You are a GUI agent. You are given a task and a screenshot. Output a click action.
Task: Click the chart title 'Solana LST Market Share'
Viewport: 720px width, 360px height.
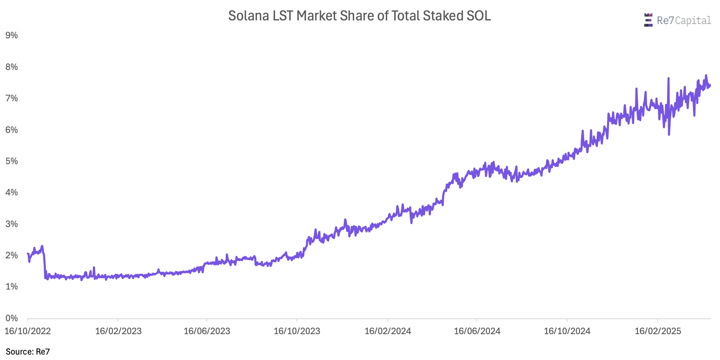click(x=359, y=16)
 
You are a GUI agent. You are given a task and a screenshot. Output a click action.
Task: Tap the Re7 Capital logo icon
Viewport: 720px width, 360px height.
click(x=648, y=20)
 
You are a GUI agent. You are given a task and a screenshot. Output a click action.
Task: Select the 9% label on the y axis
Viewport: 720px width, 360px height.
click(x=12, y=35)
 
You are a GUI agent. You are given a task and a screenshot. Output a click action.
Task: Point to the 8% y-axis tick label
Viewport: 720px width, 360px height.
click(x=12, y=67)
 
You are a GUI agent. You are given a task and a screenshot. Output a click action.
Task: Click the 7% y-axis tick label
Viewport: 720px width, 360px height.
click(x=12, y=98)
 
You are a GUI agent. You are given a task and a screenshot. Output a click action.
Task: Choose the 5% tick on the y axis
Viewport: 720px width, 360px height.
click(x=12, y=161)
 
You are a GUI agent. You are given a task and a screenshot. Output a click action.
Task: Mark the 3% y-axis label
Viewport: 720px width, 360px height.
click(x=12, y=224)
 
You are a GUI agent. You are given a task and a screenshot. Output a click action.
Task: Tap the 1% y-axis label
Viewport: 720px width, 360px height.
click(x=12, y=287)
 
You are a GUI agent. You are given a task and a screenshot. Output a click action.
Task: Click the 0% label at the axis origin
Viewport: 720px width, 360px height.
click(x=12, y=318)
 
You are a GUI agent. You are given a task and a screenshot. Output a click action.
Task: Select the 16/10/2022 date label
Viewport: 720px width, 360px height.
click(x=27, y=331)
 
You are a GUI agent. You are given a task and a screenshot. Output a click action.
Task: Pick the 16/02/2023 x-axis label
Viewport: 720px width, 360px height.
click(x=118, y=331)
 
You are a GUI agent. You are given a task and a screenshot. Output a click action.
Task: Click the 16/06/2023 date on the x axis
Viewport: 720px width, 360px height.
click(x=207, y=331)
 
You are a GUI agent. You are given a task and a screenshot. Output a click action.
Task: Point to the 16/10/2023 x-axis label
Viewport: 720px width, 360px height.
click(x=297, y=331)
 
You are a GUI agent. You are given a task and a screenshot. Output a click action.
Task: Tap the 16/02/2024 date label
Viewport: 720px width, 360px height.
click(x=387, y=331)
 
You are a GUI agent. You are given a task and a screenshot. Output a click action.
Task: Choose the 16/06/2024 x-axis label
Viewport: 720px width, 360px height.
click(x=477, y=331)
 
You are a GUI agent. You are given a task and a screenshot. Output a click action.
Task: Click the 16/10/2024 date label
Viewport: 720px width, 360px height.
click(x=567, y=331)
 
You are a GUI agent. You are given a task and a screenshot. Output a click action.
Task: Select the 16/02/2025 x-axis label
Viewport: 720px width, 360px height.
click(x=657, y=331)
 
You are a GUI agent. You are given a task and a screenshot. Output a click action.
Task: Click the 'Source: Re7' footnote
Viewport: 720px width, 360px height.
click(x=28, y=352)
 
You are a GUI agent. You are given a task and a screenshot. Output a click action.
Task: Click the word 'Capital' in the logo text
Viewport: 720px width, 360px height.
click(x=693, y=20)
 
